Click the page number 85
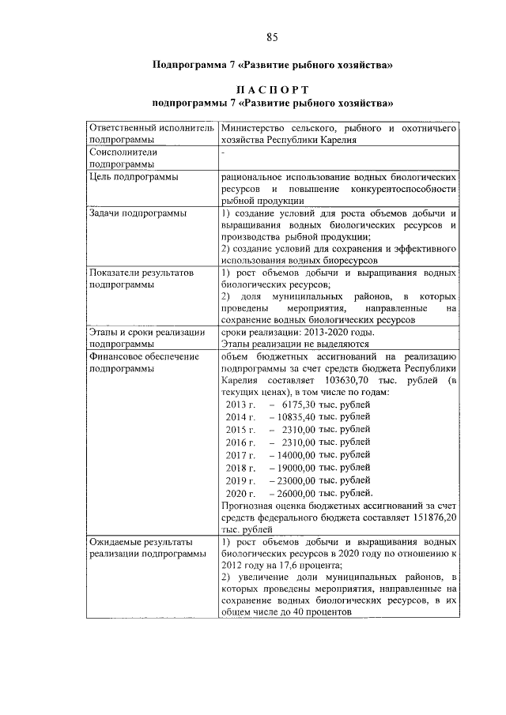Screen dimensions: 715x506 pos(271,37)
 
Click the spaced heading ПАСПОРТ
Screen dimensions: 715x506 pos(272,89)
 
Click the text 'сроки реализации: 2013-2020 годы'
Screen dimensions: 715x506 pos(298,332)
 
